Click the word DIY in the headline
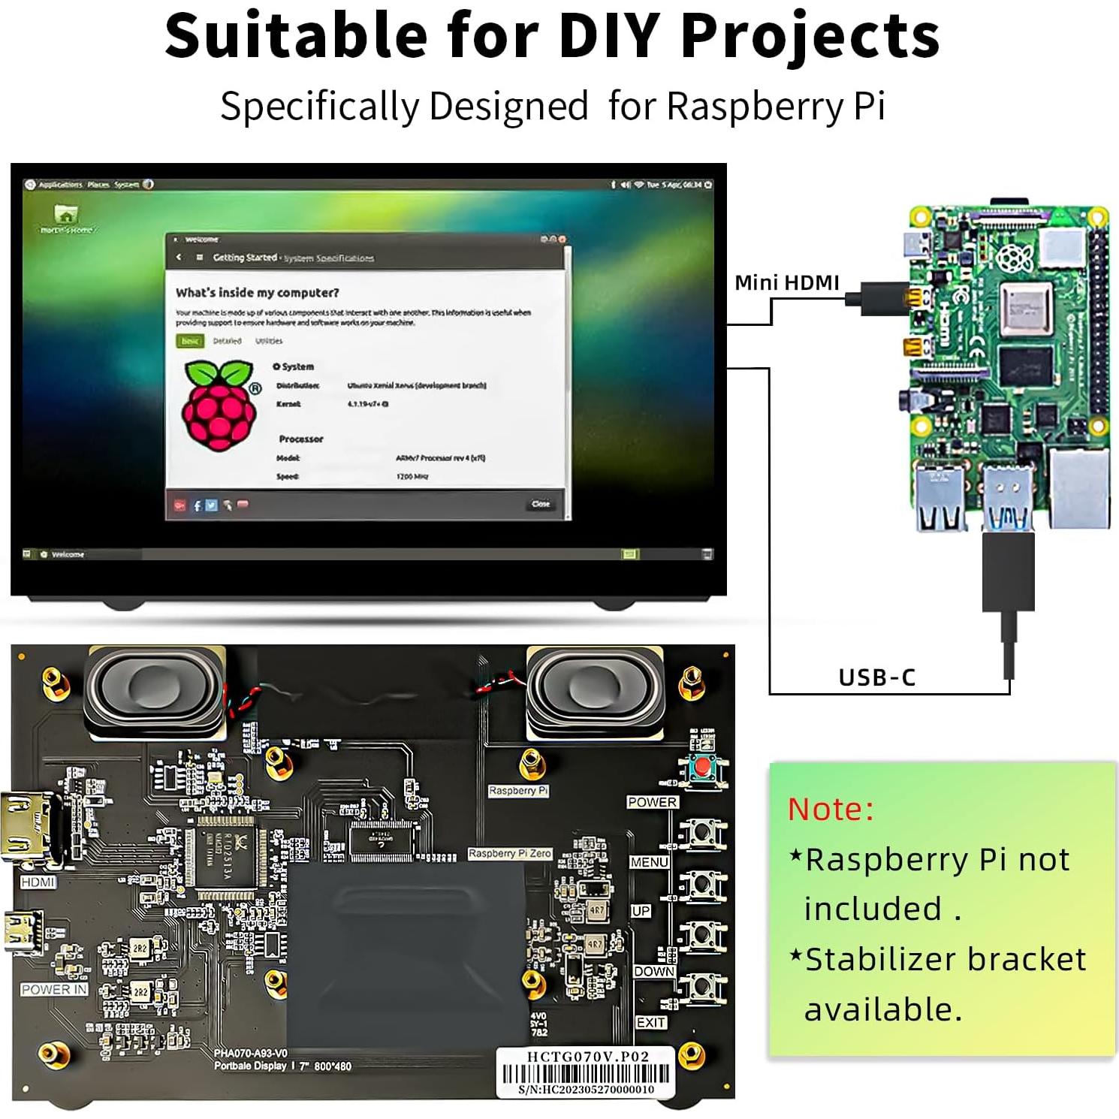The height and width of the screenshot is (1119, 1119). [611, 36]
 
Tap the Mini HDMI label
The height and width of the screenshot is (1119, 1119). [786, 283]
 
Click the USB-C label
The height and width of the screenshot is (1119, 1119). [876, 677]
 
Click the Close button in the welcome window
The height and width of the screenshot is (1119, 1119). [541, 504]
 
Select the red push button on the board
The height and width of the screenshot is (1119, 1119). [703, 768]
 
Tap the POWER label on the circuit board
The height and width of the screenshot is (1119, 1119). [652, 802]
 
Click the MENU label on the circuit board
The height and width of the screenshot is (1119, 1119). [649, 862]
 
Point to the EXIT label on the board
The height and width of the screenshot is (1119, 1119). [650, 1023]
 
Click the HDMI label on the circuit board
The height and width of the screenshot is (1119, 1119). [38, 882]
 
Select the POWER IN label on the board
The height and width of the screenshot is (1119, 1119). [54, 990]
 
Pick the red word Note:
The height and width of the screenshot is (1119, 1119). [831, 810]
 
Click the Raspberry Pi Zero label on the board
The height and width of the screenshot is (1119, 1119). [510, 854]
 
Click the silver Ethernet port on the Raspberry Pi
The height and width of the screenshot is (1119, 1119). [1080, 488]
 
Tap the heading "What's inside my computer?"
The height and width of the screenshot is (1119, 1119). [257, 293]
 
